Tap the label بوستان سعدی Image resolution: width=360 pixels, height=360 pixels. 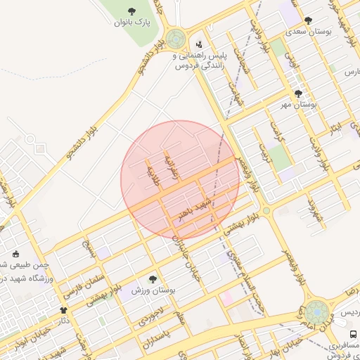pyautogui.click(x=307, y=32)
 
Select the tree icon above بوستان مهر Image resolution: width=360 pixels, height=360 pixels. pyautogui.click(x=298, y=94)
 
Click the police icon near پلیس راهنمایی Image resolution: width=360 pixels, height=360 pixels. pyautogui.click(x=198, y=44)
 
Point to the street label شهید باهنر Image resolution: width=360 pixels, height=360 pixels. pyautogui.click(x=195, y=208)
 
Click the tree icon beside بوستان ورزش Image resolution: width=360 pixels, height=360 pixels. pyautogui.click(x=153, y=279)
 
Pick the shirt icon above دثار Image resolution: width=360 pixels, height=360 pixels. pyautogui.click(x=63, y=309)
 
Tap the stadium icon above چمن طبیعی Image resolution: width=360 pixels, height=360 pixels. pyautogui.click(x=16, y=254)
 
